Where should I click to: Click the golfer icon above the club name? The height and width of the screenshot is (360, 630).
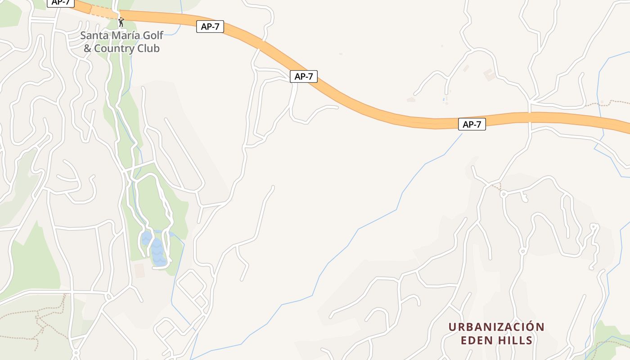point(121,22)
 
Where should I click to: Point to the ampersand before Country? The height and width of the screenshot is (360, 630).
point(87,48)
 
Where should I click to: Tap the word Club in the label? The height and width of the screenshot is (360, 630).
point(149,48)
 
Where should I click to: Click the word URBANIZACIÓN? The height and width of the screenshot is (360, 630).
point(496,327)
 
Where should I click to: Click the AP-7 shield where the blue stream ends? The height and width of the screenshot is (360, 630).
point(472,125)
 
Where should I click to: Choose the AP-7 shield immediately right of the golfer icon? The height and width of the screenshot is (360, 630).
point(210,27)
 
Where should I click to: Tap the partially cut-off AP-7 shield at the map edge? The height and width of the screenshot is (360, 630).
point(60,3)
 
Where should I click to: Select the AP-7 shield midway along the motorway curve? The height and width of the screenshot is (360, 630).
point(303,76)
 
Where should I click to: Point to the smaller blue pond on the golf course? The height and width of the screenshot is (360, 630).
point(146,238)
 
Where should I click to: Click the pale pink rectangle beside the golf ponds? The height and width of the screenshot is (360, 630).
point(139,270)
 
